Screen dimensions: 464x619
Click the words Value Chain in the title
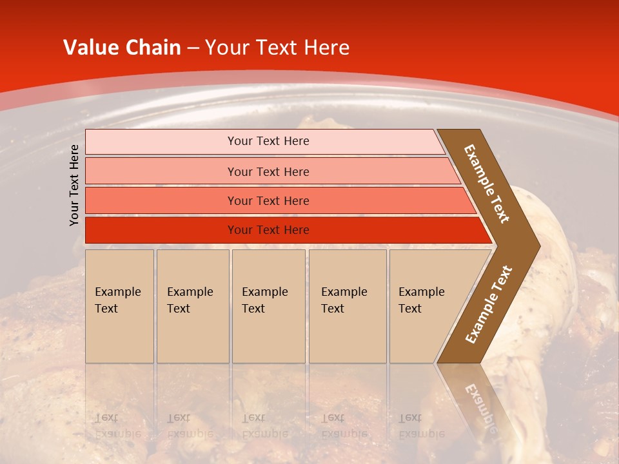click(122, 48)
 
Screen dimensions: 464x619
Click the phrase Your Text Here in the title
click(277, 48)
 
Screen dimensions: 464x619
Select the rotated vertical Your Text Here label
click(74, 185)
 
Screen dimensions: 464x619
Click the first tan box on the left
click(119, 335)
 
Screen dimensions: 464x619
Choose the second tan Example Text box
click(192, 335)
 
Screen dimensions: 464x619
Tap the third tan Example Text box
click(268, 335)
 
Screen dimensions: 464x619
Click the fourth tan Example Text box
click(347, 335)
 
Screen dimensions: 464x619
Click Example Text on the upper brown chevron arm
click(487, 184)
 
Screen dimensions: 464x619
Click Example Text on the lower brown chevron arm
click(489, 304)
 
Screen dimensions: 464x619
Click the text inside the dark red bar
click(268, 230)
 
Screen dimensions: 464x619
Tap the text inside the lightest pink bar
click(268, 141)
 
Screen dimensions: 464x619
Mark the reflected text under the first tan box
click(117, 426)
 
